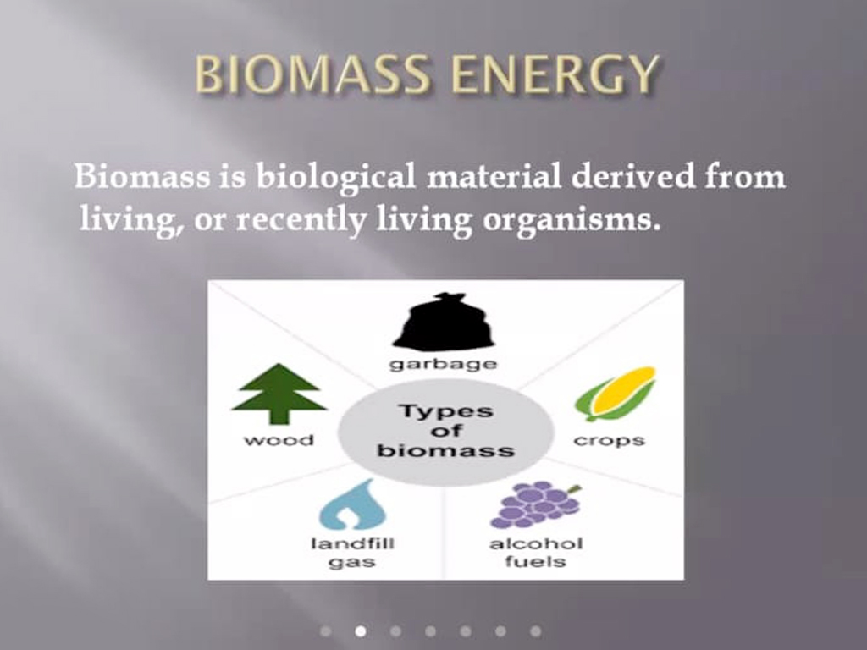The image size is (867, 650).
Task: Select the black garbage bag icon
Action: (444, 322)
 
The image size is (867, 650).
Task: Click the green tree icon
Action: (279, 394)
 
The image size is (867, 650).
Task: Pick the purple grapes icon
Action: (536, 505)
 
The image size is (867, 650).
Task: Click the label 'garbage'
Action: (444, 365)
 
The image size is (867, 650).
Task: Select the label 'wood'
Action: (279, 440)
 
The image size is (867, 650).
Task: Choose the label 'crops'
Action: (610, 440)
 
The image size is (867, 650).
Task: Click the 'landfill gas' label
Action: (353, 553)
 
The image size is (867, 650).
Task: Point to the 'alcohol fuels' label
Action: (536, 553)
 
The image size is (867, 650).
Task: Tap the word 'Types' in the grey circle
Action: (445, 411)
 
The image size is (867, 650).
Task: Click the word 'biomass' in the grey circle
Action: (445, 450)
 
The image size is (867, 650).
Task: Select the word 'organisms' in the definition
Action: (572, 220)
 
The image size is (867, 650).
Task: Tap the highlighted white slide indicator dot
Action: (361, 631)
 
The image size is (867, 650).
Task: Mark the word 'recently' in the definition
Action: (301, 219)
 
